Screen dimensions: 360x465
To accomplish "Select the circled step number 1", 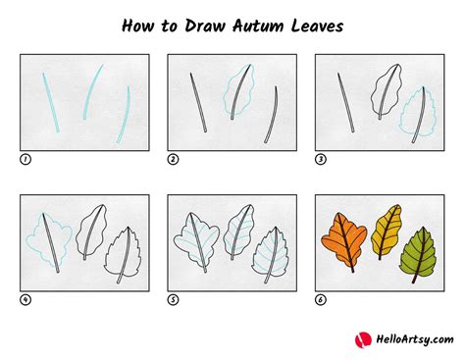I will click(26, 159).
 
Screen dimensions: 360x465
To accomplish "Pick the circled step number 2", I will click(173, 159).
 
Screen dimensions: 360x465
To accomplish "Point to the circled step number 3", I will click(320, 159).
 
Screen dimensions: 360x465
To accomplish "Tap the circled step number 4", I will click(26, 300).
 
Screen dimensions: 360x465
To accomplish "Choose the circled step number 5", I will click(173, 300).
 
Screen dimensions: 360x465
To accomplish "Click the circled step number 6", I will click(320, 300).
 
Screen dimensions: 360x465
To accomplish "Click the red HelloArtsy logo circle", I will click(362, 339).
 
